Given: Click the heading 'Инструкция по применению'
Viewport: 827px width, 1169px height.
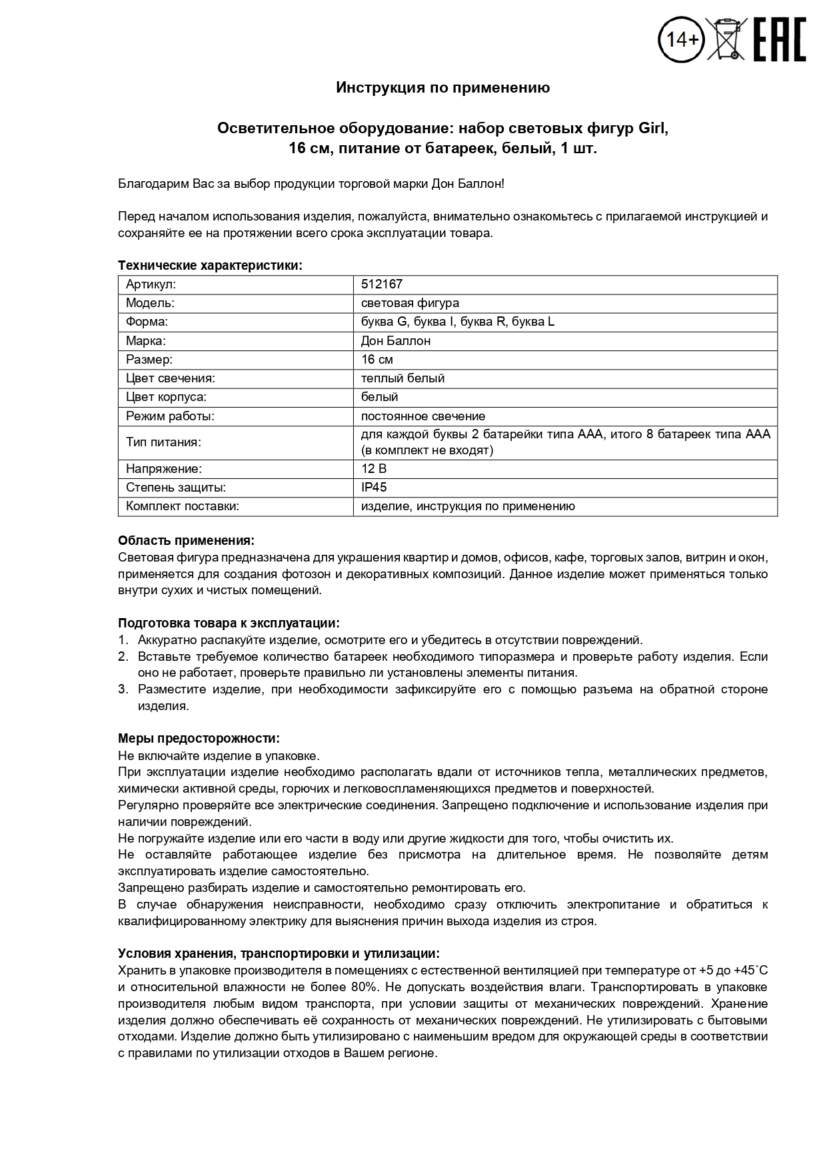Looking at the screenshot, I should click(442, 88).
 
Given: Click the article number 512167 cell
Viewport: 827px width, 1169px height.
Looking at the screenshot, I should click(382, 284).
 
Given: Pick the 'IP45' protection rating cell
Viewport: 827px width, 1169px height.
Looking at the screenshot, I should click(374, 488).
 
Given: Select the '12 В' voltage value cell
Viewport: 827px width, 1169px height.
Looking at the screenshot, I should click(374, 469).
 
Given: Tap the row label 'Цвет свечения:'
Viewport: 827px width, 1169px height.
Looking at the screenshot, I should click(171, 378).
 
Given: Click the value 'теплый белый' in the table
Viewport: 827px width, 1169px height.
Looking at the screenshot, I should click(403, 378).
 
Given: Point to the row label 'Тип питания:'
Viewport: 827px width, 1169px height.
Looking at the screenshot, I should click(163, 442).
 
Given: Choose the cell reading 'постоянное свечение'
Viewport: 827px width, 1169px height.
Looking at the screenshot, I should click(423, 416).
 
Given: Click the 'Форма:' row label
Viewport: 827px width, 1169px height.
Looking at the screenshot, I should click(147, 322).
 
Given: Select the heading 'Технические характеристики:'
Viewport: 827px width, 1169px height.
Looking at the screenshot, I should click(210, 266).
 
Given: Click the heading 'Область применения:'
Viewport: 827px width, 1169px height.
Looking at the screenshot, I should click(186, 540).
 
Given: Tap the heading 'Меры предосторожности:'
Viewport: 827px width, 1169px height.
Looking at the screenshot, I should click(199, 739).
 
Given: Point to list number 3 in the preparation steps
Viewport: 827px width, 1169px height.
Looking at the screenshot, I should click(123, 689).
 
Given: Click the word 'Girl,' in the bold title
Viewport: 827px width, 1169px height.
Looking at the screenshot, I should click(653, 129).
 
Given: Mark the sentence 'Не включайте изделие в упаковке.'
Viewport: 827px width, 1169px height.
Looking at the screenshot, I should click(219, 756).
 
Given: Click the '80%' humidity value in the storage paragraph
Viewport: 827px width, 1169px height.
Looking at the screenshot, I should click(365, 987).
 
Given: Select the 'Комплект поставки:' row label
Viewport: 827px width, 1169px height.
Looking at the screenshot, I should click(183, 506).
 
